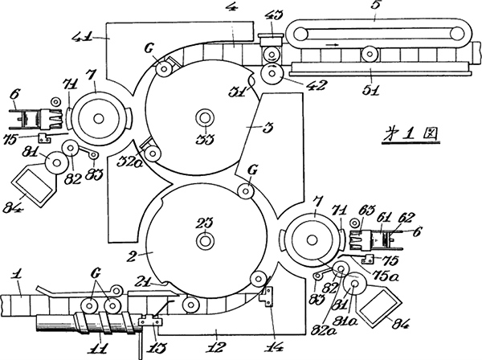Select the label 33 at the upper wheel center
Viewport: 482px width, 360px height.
coord(204,138)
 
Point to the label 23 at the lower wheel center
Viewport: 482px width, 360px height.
coord(206,222)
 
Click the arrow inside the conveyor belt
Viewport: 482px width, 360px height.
coord(329,45)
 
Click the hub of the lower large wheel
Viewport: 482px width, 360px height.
coord(206,239)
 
